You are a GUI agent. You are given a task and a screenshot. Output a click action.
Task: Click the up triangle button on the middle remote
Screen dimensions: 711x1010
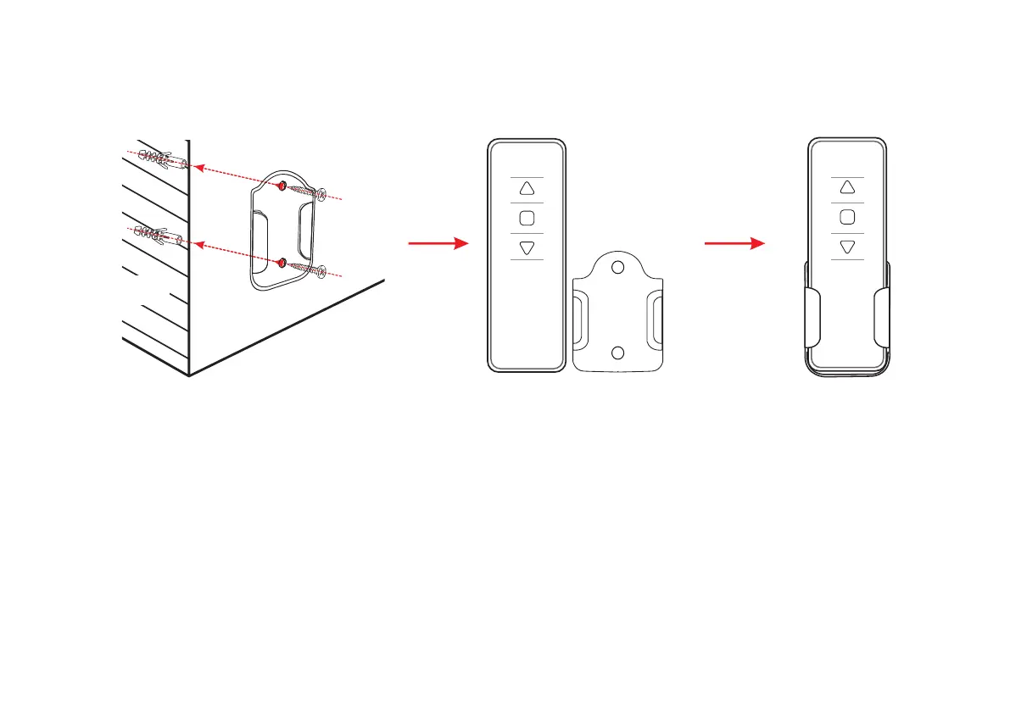click(527, 189)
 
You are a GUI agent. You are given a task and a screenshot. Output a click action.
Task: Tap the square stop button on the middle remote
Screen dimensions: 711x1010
click(527, 218)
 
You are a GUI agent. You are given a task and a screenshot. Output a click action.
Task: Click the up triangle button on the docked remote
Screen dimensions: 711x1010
click(846, 188)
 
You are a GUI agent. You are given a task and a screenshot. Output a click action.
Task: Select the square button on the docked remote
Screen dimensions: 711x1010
click(846, 217)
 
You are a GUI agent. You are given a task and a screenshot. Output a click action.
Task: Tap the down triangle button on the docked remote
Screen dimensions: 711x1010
click(846, 247)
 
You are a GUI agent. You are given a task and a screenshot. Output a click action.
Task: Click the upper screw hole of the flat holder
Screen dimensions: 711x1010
click(618, 268)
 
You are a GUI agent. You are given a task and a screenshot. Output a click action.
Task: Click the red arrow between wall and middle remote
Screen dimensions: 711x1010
click(438, 244)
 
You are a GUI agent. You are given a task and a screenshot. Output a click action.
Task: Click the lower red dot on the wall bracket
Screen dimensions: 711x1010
click(283, 260)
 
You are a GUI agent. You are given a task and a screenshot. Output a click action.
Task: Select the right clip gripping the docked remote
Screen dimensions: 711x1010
click(881, 317)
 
